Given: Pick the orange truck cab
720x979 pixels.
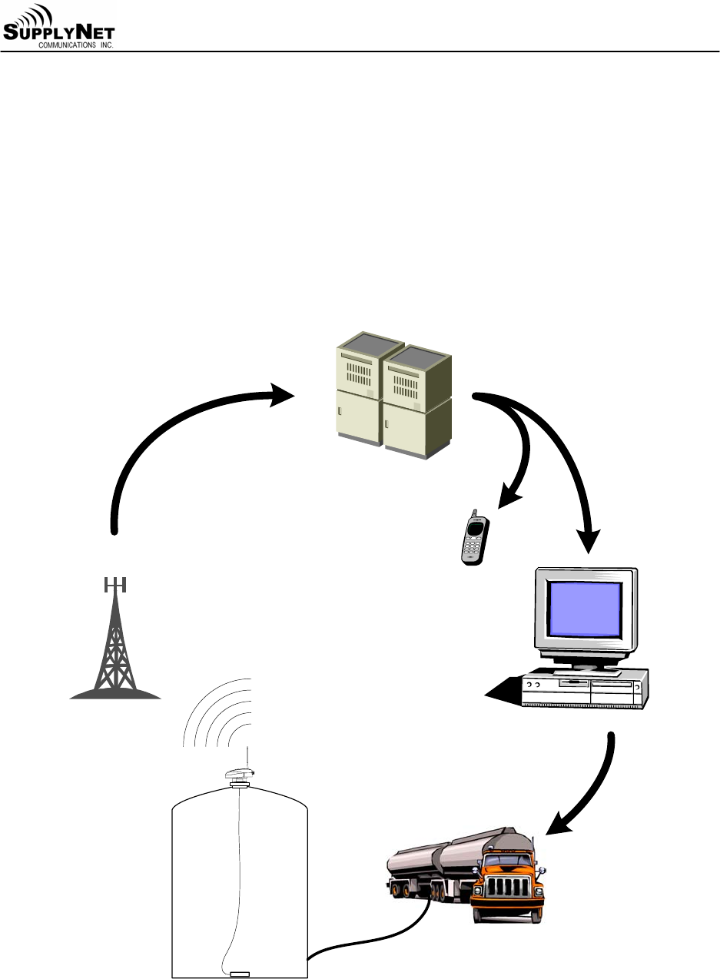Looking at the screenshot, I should pyautogui.click(x=508, y=884).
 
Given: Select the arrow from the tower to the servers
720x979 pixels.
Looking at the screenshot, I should pyautogui.click(x=177, y=430).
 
